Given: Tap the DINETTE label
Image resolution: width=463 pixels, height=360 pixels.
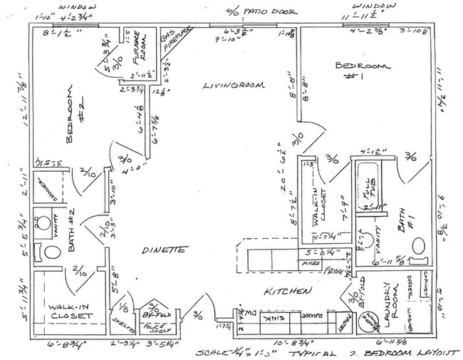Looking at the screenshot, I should [164, 250].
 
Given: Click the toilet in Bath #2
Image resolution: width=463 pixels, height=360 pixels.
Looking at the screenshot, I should [51, 252].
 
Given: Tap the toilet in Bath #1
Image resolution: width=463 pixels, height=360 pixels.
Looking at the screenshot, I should [420, 247].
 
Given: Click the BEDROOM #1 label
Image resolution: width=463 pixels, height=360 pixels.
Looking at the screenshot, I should [362, 69].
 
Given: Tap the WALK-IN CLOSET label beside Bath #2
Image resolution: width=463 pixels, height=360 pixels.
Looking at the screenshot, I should [70, 311].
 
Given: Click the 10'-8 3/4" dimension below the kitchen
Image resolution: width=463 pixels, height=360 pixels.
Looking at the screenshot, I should [281, 343].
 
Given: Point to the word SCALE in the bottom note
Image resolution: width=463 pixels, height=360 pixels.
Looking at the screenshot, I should [215, 352].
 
